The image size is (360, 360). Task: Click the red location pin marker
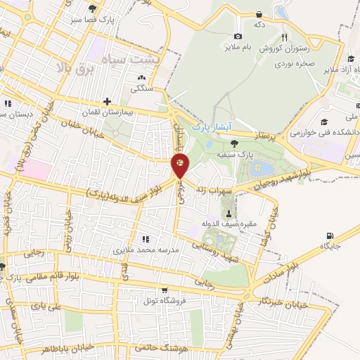tap(180, 166)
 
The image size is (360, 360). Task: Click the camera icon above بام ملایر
tap(238, 36)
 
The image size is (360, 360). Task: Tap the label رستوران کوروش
tap(284, 49)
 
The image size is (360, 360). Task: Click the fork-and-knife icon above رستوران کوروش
tap(284, 37)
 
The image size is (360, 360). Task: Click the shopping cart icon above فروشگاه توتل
tap(164, 290)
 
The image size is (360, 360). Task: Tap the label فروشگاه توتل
tap(164, 300)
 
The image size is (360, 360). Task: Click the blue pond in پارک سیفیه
tap(259, 169)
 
